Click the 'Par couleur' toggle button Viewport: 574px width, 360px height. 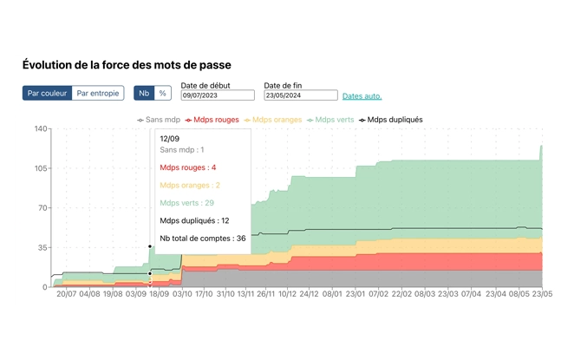47,93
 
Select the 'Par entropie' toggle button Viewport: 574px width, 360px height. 98,93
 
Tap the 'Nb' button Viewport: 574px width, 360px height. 144,93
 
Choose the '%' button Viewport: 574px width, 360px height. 163,93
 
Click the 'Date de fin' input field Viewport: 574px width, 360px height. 300,95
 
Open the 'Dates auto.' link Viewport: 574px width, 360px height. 362,96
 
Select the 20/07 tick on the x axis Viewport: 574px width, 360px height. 67,295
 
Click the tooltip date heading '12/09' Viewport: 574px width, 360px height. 170,137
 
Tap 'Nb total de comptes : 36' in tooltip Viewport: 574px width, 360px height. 203,238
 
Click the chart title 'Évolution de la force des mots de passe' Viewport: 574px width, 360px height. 127,65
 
